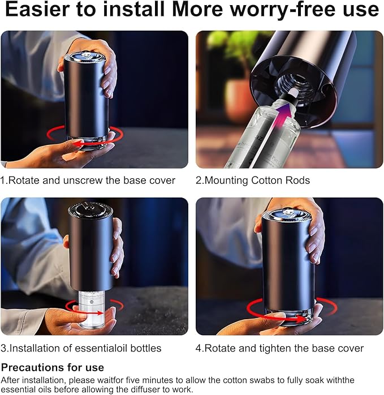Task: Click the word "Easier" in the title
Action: pyautogui.click(x=37, y=10)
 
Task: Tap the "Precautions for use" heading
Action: pyautogui.click(x=53, y=367)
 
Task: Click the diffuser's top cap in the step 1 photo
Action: pyautogui.click(x=84, y=57)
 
